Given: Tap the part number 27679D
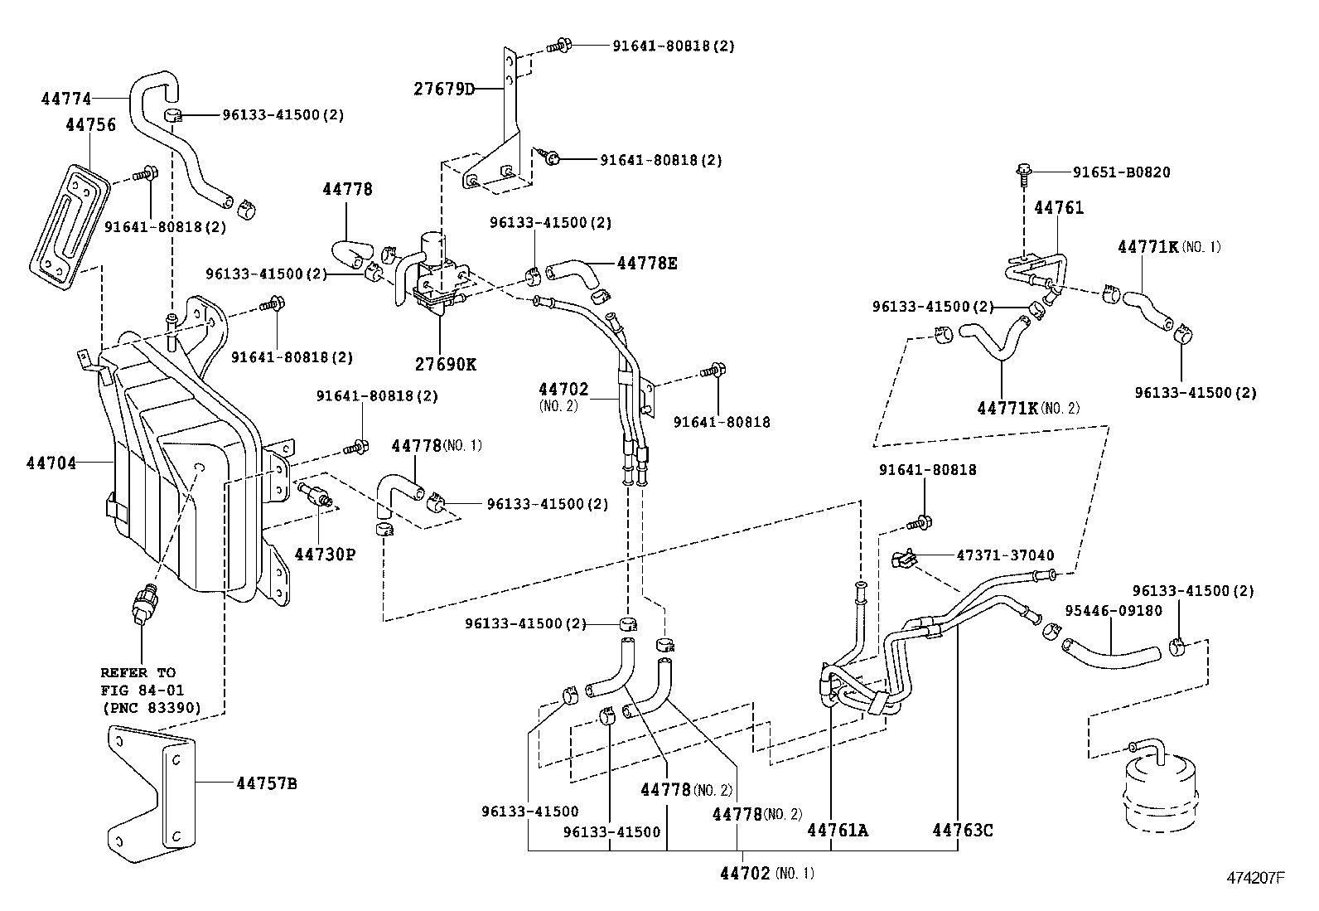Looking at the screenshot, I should tap(443, 88).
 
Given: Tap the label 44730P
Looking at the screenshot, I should tap(326, 554).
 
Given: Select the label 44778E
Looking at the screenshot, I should tap(646, 264).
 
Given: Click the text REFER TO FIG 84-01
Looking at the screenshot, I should tap(142, 681).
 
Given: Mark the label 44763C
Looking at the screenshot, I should tap(962, 830).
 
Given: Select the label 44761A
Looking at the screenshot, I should tap(838, 830).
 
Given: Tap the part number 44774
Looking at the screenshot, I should tap(65, 99).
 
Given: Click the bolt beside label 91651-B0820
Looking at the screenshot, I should tap(1024, 172).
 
